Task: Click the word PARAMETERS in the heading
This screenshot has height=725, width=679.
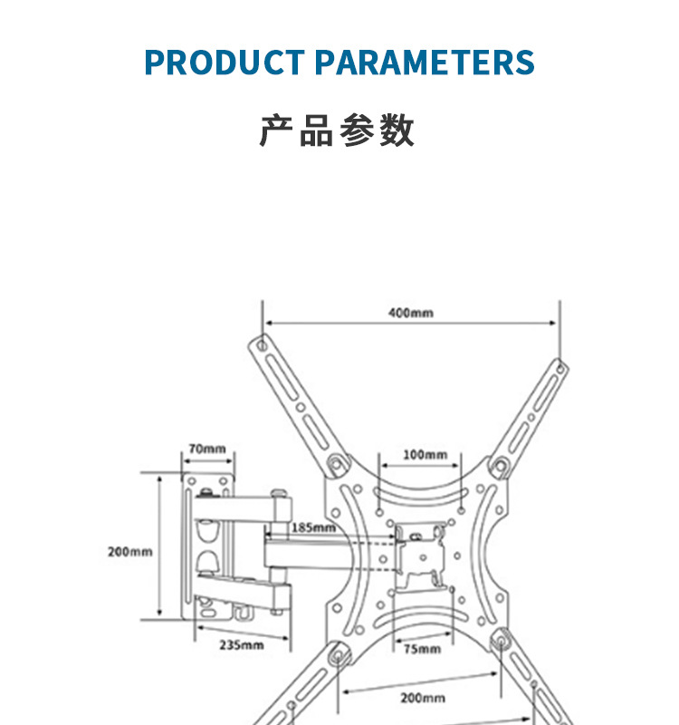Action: point(424,63)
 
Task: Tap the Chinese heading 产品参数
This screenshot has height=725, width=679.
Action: point(338,130)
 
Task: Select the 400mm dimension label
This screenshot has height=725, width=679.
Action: point(411,313)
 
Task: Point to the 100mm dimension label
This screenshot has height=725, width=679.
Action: point(425,454)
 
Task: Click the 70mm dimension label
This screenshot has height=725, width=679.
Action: point(207,449)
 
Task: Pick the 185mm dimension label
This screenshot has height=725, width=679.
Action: point(312,527)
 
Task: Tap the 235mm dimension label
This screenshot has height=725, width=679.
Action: point(241,645)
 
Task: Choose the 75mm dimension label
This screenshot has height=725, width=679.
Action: point(422,649)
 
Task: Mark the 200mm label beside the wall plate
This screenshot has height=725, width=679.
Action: point(130,551)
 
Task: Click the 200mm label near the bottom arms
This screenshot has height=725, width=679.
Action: point(422,698)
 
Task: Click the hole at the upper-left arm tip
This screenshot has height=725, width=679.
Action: point(262,345)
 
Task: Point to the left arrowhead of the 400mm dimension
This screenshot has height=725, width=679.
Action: point(266,322)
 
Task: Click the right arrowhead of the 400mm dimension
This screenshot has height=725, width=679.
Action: point(554,322)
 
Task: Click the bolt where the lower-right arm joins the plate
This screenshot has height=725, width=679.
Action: point(499,641)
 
